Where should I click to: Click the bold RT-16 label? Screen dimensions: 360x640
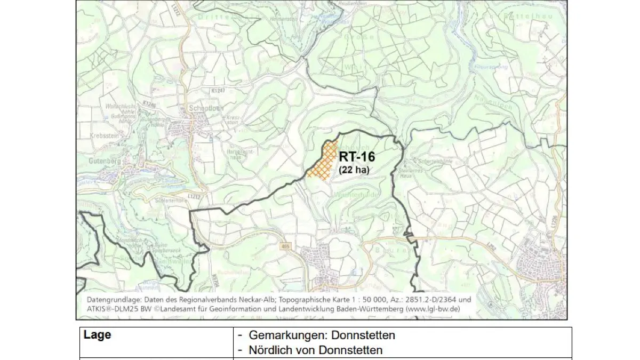[357, 157]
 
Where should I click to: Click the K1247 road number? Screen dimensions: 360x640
[218, 92]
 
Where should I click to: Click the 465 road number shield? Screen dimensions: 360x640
[285, 246]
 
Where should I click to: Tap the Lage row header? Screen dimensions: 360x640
[98, 335]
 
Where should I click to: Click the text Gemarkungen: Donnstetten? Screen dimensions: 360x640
[322, 335]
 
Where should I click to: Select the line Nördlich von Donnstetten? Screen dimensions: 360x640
[315, 350]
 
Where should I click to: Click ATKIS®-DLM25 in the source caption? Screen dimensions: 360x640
[112, 308]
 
